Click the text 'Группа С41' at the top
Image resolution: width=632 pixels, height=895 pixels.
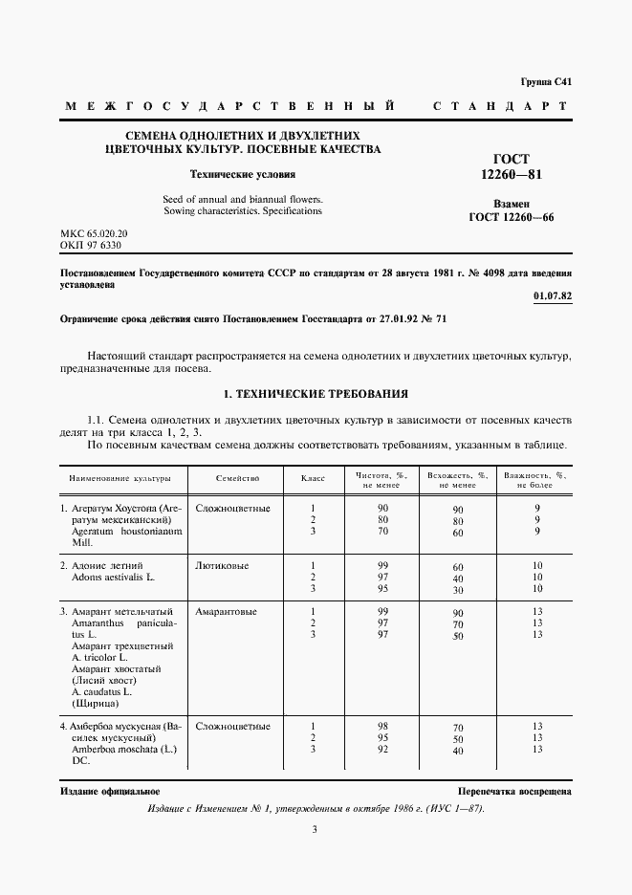click(545, 82)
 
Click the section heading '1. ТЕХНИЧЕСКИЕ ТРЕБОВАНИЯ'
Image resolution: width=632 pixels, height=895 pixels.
click(316, 393)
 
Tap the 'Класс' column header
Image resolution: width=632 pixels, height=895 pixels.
click(313, 476)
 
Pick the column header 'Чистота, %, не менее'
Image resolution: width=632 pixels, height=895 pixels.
click(381, 480)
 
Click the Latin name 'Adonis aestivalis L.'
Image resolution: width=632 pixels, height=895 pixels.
click(112, 578)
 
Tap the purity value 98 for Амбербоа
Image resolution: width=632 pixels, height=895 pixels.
click(382, 726)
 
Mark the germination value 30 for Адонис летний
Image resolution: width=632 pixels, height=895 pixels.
click(458, 591)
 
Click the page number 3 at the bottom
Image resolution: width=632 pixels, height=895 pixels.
click(315, 830)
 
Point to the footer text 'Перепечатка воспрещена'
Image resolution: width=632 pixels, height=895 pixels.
click(514, 792)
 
